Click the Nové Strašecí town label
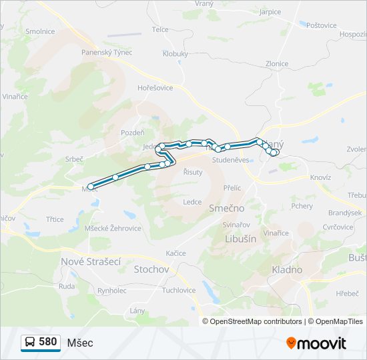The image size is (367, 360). point(90,262)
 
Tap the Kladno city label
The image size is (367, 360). point(287,269)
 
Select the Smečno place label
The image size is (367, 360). point(226,208)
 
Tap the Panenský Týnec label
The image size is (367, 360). point(107,52)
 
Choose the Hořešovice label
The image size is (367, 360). point(155,87)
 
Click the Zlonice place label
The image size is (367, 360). point(276,64)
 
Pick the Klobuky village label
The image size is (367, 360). point(175,53)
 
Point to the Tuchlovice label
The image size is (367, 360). point(178,290)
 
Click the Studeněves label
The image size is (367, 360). point(230,160)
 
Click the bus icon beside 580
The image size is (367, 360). point(29,342)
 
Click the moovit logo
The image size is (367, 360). point(316,343)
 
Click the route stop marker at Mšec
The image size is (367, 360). point(90,187)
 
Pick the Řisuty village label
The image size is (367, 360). point(193,172)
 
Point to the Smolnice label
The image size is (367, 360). point(40,31)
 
